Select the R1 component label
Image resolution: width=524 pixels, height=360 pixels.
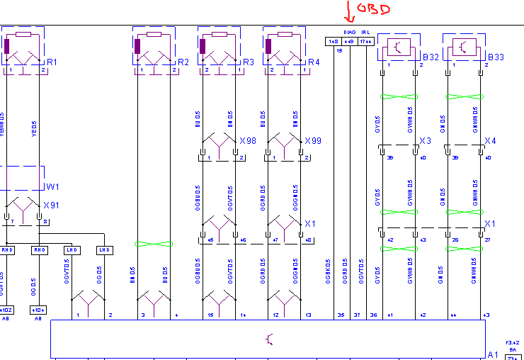tap(52, 63)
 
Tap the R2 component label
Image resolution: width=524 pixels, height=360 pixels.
tap(183, 62)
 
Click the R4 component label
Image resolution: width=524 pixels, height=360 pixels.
tap(313, 62)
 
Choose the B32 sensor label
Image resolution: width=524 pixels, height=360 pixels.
tap(431, 57)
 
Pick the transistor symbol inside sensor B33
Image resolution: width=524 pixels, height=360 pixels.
tap(464, 47)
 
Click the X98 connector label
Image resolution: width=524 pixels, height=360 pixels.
tap(247, 141)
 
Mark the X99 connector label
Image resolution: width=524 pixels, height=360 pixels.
tap(312, 141)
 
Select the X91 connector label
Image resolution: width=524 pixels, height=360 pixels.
tap(52, 205)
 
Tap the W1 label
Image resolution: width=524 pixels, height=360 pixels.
tap(52, 187)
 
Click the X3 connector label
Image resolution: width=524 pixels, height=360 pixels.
tap(426, 141)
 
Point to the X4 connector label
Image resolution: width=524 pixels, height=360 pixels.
tap(490, 141)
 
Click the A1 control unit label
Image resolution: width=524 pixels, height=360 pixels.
tap(494, 354)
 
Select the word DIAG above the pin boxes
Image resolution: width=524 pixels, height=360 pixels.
tap(349, 33)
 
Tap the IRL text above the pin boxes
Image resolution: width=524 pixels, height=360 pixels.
tap(366, 33)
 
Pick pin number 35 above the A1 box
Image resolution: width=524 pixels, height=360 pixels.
tap(341, 315)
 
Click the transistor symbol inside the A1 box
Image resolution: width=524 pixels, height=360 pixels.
tap(268, 340)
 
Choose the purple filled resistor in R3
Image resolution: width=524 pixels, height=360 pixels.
tap(203, 47)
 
